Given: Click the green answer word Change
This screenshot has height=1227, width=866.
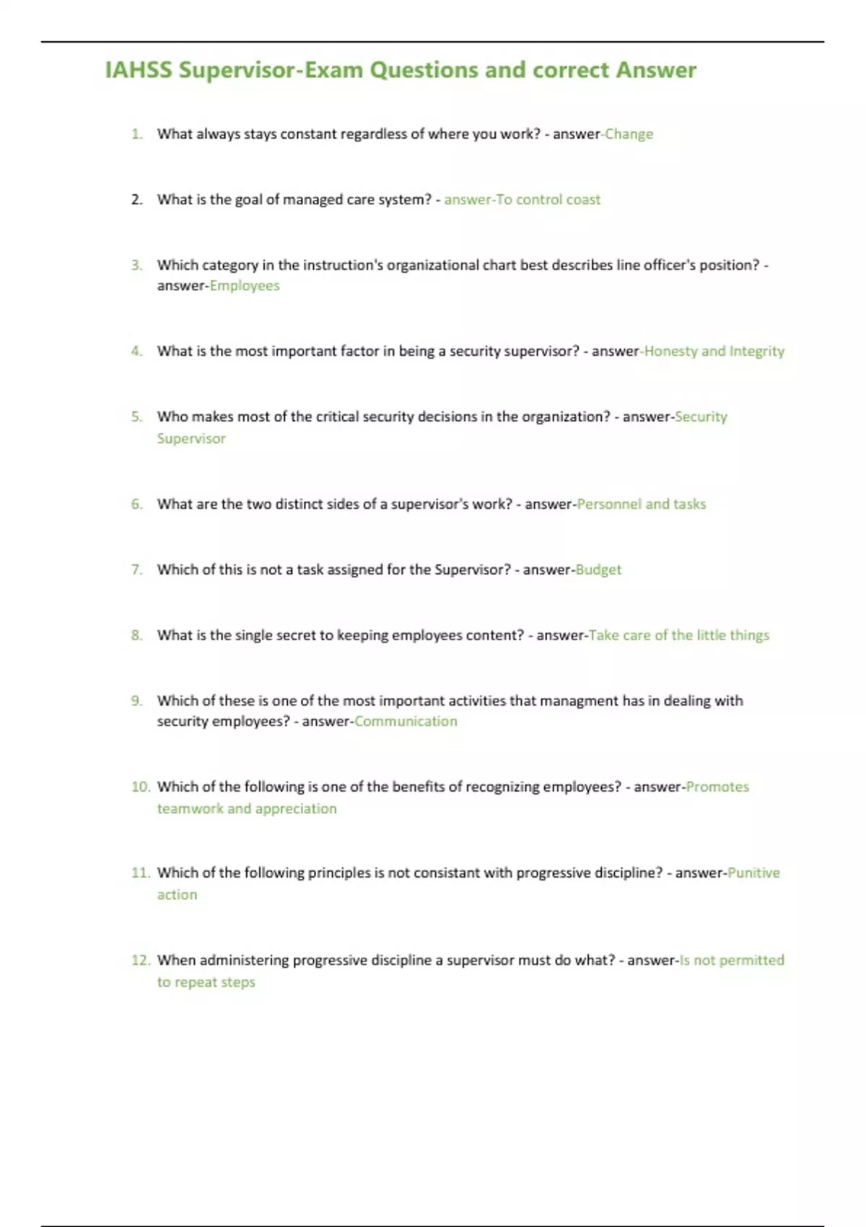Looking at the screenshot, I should pos(629,134).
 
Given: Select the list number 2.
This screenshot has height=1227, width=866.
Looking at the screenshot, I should pos(137,200).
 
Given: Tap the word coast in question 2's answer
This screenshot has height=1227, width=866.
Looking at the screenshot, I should pos(583,200).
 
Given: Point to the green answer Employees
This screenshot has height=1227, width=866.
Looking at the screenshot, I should pos(245,286).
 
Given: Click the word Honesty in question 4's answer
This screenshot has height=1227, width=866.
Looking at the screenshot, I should pos(670,351).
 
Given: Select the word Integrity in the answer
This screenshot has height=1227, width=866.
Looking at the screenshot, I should pos(756,351).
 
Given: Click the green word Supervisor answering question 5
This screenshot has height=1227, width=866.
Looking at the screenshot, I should pos(191,439).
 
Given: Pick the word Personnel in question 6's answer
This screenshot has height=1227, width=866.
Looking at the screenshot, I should pos(609,504).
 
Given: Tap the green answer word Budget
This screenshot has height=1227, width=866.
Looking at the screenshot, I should pos(598,569).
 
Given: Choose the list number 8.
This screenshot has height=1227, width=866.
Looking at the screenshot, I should pos(136,635).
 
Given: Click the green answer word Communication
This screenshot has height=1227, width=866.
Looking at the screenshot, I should pos(406,721).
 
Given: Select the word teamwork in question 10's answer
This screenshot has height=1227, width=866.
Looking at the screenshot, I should pos(191,808).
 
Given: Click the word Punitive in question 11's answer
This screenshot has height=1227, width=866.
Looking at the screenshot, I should pos(753,873).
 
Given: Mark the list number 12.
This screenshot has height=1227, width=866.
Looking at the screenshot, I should pos(140,960).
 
